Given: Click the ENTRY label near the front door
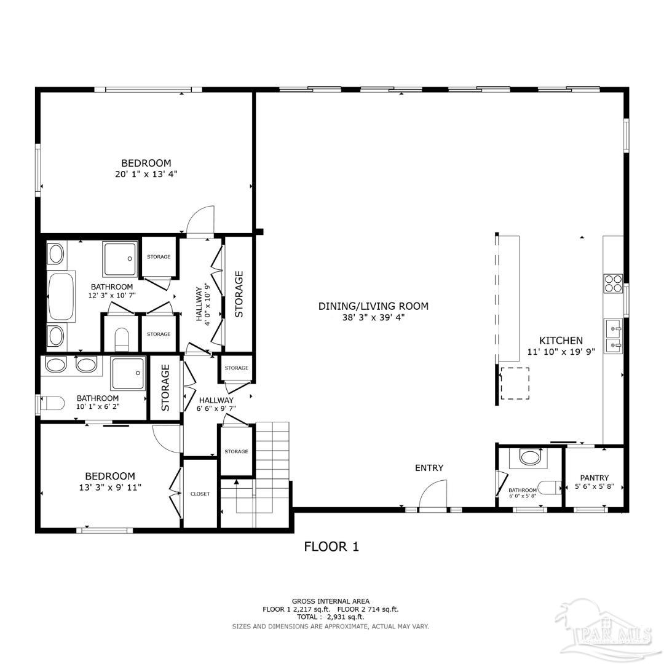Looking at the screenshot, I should pyautogui.click(x=429, y=468).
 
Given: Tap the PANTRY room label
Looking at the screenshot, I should pyautogui.click(x=594, y=478).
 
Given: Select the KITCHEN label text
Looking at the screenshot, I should pyautogui.click(x=561, y=341).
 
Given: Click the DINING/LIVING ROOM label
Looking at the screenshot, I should pyautogui.click(x=373, y=306).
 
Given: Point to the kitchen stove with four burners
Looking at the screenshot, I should pyautogui.click(x=613, y=283).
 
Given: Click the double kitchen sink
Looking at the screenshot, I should pyautogui.click(x=613, y=337).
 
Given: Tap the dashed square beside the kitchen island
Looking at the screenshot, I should pyautogui.click(x=515, y=384).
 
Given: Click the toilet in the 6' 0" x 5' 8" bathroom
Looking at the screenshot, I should pyautogui.click(x=550, y=487).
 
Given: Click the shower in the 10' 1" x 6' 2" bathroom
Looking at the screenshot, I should pyautogui.click(x=128, y=374).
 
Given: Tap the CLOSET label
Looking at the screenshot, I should pyautogui.click(x=200, y=494).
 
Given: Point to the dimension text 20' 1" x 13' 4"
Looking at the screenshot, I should pyautogui.click(x=146, y=174).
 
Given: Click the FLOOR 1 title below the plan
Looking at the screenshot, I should pyautogui.click(x=331, y=546).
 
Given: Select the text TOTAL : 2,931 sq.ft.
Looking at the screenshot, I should pyautogui.click(x=330, y=617).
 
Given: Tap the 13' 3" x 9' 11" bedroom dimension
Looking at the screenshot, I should pyautogui.click(x=110, y=487).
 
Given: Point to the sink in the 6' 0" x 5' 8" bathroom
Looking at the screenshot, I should pyautogui.click(x=529, y=457).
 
